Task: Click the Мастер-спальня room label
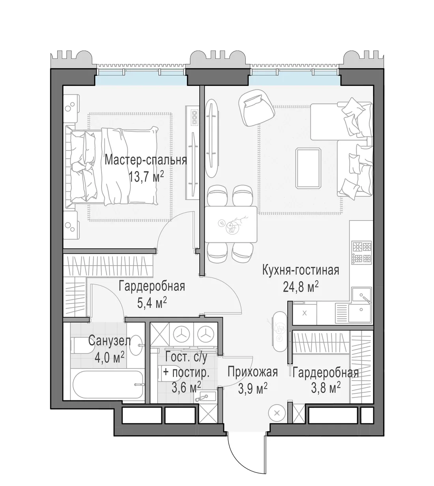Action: (x=146, y=160)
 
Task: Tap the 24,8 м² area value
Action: (x=301, y=287)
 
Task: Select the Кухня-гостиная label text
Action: (x=301, y=270)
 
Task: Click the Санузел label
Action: (x=110, y=341)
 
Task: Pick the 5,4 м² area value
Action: (x=152, y=303)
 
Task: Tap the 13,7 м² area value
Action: (x=146, y=177)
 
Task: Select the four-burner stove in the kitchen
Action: (x=362, y=253)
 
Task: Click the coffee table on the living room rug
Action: (x=309, y=168)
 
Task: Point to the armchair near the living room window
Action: (x=256, y=108)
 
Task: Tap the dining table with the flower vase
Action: (x=231, y=224)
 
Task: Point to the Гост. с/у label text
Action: (x=186, y=357)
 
